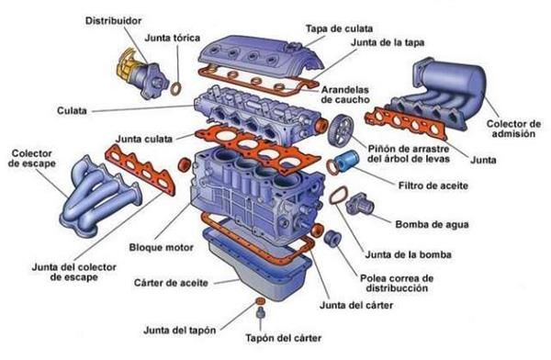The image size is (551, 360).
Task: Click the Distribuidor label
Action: pos(113,21)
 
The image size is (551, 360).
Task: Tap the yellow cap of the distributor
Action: pos(128,64)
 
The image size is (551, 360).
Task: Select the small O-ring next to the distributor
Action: pos(176,89)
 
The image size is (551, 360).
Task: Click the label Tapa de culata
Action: pos(339,28)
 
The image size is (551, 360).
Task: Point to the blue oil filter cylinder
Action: pos(346,162)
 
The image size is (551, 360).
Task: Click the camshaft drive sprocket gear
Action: pos(340,130)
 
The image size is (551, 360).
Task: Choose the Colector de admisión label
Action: pos(513,129)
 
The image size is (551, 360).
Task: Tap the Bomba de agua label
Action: pos(432,224)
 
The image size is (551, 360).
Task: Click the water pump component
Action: pos(359,203)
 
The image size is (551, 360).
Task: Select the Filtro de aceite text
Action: pos(433,186)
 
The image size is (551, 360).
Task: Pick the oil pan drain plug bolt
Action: pos(260,313)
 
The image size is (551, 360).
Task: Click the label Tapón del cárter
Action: pos(283,338)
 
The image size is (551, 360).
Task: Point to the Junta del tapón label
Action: pos(180,331)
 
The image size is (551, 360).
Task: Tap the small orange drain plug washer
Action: pos(260,301)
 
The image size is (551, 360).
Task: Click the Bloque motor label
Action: pos(162,247)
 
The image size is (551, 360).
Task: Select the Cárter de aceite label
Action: pos(171,283)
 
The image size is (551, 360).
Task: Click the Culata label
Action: pos(72,111)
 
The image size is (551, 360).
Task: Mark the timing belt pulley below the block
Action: pos(332,239)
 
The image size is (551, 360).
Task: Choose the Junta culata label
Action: pos(144,140)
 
